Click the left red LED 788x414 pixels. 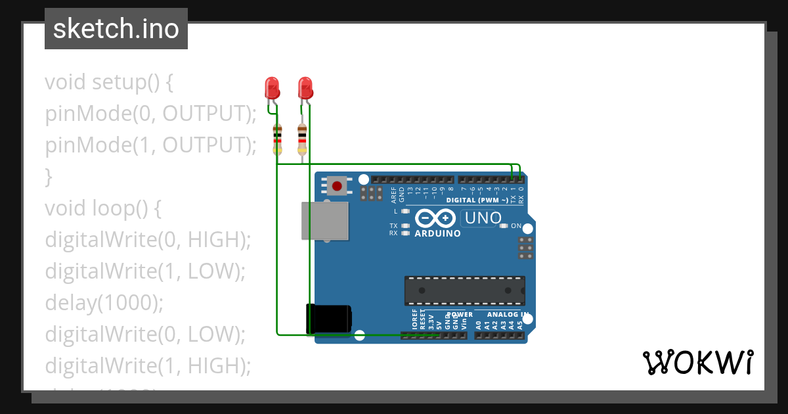coord(272,87)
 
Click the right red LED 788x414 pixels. coord(305,87)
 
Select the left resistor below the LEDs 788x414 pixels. coord(278,139)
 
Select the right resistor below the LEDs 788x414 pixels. coord(302,139)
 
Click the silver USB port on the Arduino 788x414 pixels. coord(324,220)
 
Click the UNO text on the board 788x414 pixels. coord(483,218)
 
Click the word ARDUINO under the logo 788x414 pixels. coord(437,233)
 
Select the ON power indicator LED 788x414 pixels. coord(504,226)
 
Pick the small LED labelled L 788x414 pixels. coord(405,212)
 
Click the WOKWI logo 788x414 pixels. coord(697,362)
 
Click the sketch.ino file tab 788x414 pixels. coord(116,29)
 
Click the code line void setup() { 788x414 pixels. coord(109,83)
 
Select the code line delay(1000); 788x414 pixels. coord(103,302)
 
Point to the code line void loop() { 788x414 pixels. coord(103,208)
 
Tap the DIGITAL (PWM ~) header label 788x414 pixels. coord(477,200)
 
